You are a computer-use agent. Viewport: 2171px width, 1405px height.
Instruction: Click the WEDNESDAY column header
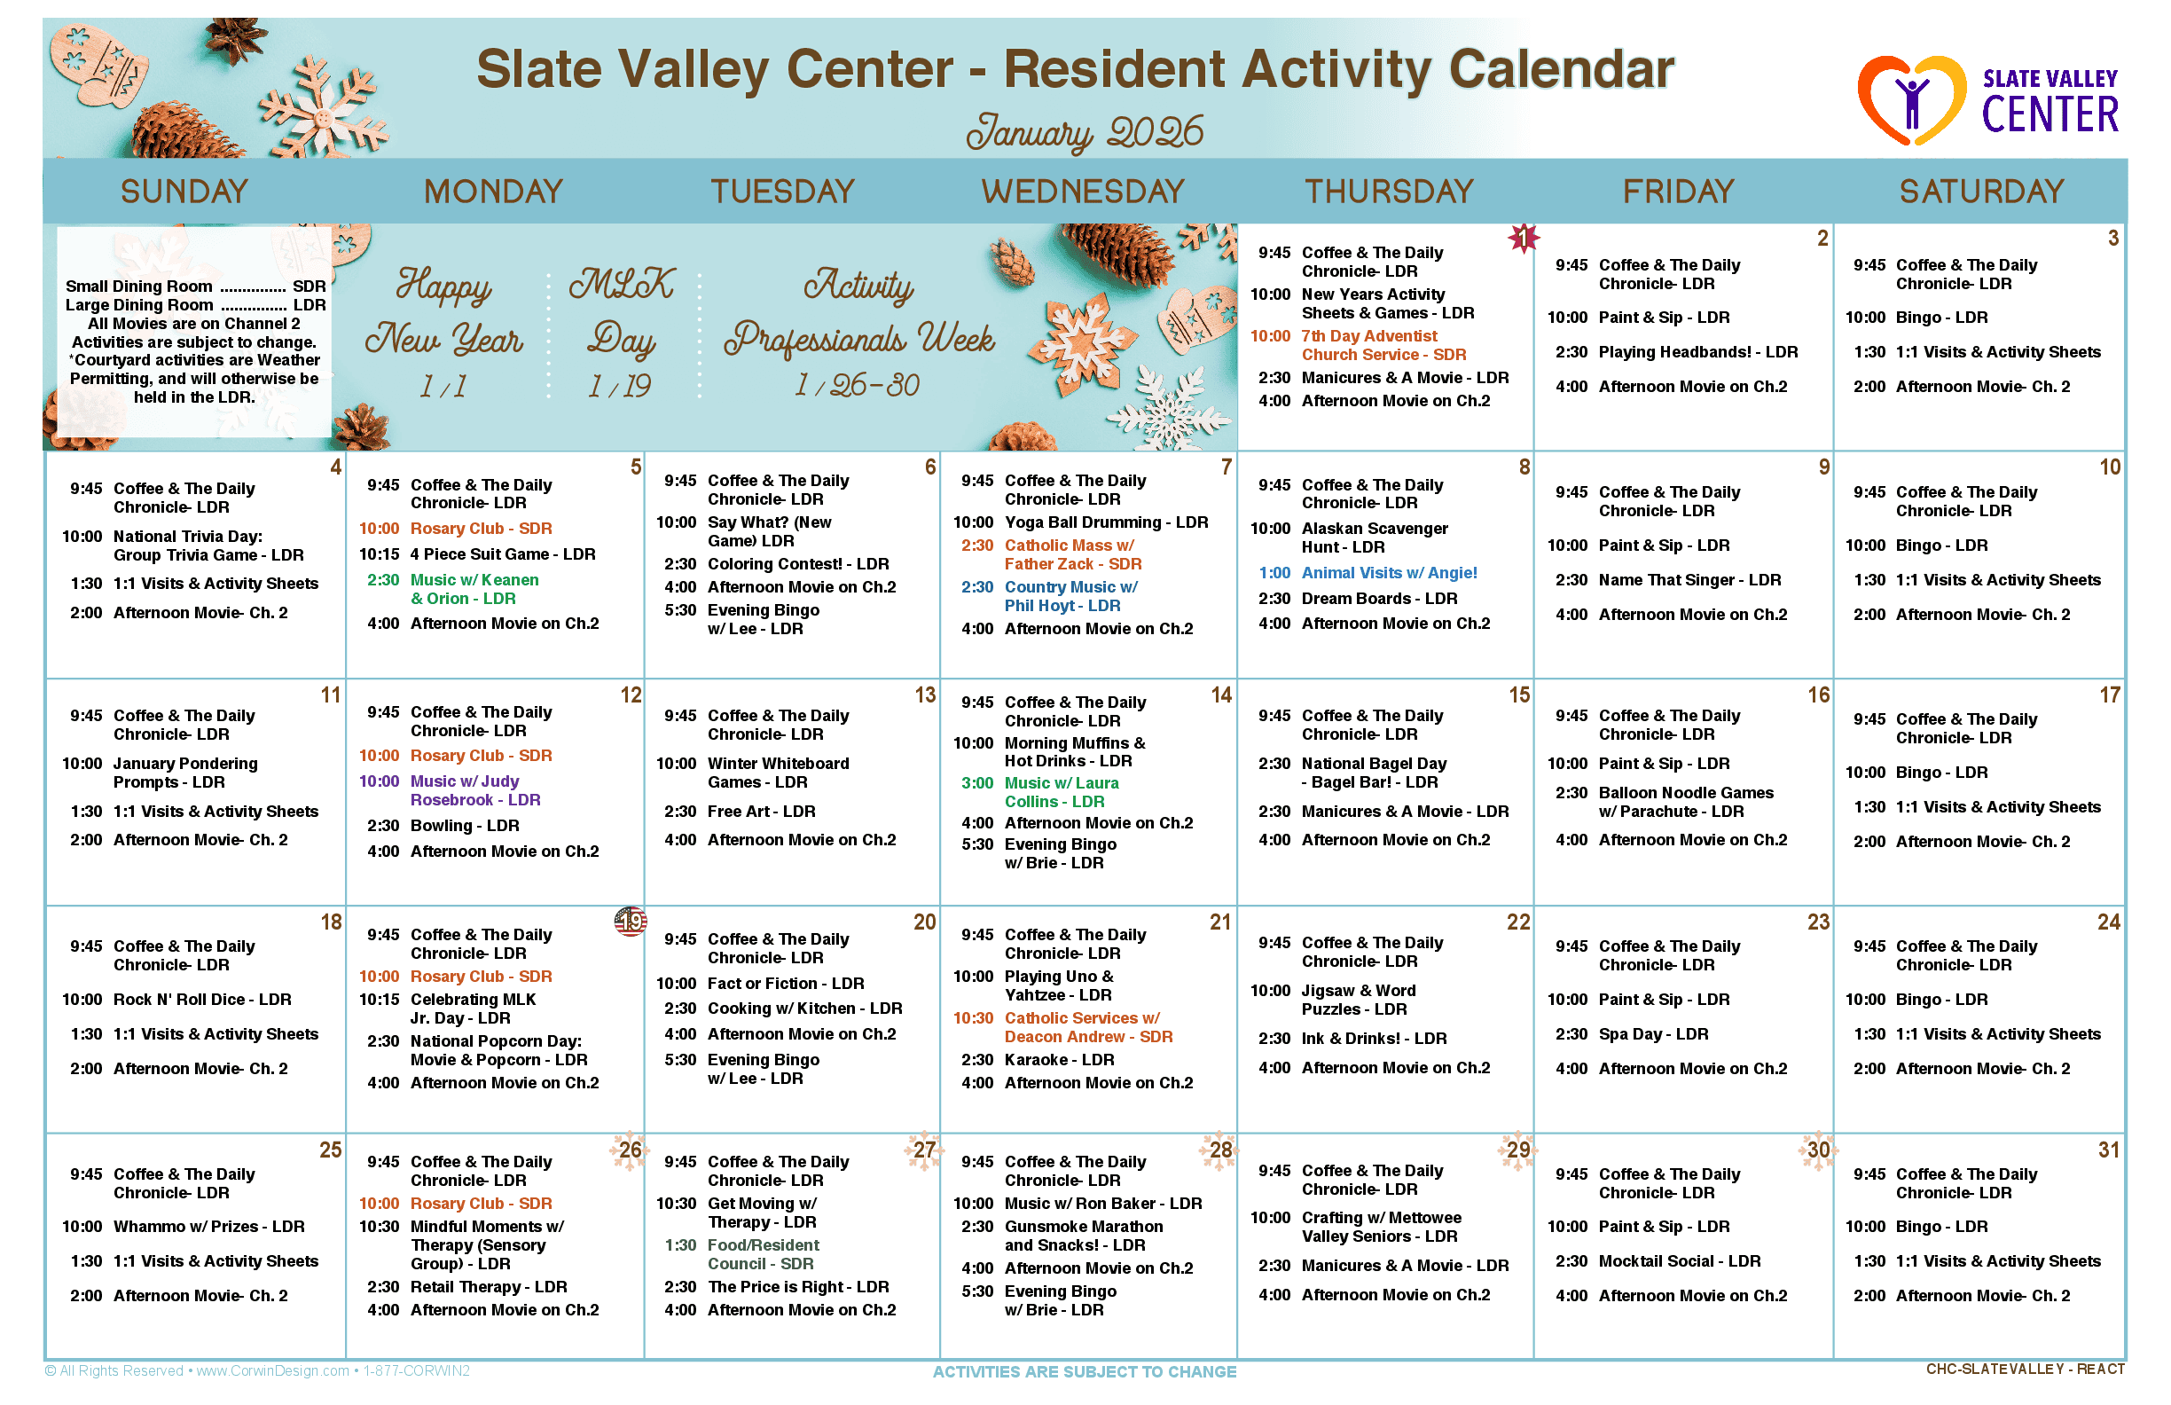click(x=1083, y=192)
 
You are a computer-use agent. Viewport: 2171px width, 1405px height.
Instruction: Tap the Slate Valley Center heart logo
click(x=1912, y=100)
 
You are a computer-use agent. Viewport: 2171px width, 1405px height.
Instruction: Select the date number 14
click(x=1220, y=695)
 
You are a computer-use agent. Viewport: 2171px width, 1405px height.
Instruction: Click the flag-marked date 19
click(x=631, y=922)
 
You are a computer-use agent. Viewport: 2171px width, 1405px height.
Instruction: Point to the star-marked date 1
click(x=1523, y=238)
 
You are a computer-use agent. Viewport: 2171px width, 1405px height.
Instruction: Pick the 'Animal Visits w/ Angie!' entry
click(x=1388, y=573)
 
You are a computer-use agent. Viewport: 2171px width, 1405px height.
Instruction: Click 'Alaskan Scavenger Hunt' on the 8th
click(x=1374, y=538)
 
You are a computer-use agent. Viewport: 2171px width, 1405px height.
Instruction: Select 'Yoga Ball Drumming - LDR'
click(x=1106, y=522)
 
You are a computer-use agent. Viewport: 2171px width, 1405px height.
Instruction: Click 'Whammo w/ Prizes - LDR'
click(x=209, y=1226)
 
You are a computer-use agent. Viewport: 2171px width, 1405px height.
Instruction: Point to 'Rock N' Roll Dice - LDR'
click(x=202, y=999)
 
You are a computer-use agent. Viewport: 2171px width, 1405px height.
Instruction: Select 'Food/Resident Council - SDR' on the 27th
click(x=764, y=1254)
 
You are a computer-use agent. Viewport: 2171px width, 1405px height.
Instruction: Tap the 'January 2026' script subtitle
click(x=1085, y=132)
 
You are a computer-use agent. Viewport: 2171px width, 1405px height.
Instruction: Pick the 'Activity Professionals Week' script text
click(x=858, y=311)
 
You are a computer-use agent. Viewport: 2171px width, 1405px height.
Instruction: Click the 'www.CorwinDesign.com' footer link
click(x=273, y=1370)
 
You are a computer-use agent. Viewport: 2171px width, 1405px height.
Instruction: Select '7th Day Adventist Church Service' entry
click(x=1383, y=345)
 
